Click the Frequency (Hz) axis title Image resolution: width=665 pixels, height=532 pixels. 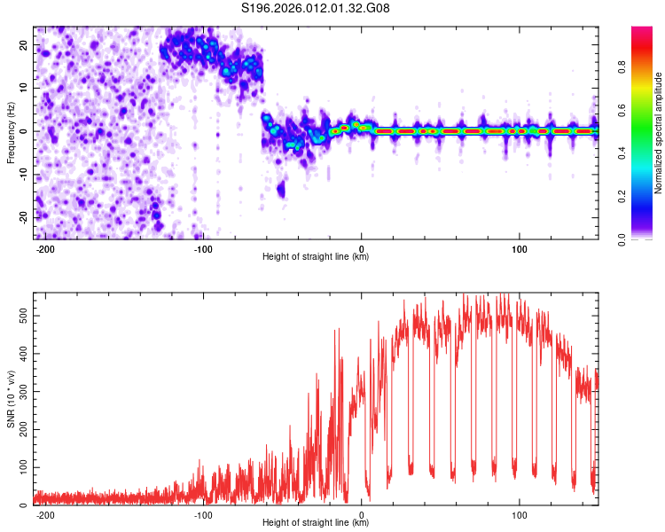pos(11,132)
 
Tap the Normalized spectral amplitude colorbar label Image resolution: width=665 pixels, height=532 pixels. pos(659,132)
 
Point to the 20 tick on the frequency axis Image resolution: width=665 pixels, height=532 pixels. pos(24,44)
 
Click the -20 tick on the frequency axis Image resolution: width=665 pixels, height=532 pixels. pos(23,216)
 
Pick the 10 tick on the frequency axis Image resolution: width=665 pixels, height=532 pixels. pos(24,88)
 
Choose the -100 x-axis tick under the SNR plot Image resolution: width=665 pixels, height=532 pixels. pos(204,514)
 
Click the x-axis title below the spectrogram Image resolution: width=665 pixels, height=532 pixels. pos(316,257)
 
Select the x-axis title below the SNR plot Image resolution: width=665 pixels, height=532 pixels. pos(316,524)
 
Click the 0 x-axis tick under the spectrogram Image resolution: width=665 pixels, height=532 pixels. pos(362,247)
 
